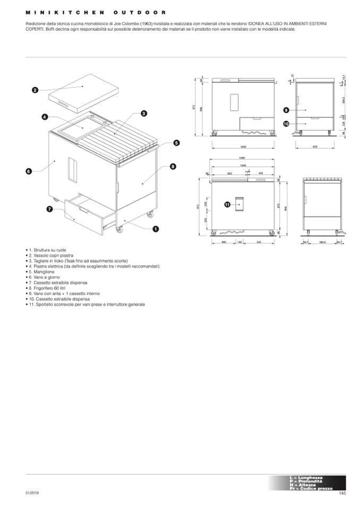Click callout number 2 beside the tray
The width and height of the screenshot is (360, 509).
pos(35,90)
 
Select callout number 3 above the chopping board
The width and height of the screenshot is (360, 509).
pos(143,113)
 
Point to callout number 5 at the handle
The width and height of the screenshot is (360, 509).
pos(176,142)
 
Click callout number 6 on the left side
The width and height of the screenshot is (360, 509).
pos(29,171)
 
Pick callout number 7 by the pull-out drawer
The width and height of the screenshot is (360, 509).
pos(49,209)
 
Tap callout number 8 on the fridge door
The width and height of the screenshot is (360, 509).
pos(173,167)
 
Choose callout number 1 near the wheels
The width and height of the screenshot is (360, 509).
pos(156,229)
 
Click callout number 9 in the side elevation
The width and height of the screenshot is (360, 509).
pos(286,110)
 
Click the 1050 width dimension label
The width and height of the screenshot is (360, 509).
pos(244,148)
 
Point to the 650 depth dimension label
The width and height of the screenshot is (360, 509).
pos(315,148)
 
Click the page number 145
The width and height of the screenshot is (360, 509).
pos(342,494)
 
